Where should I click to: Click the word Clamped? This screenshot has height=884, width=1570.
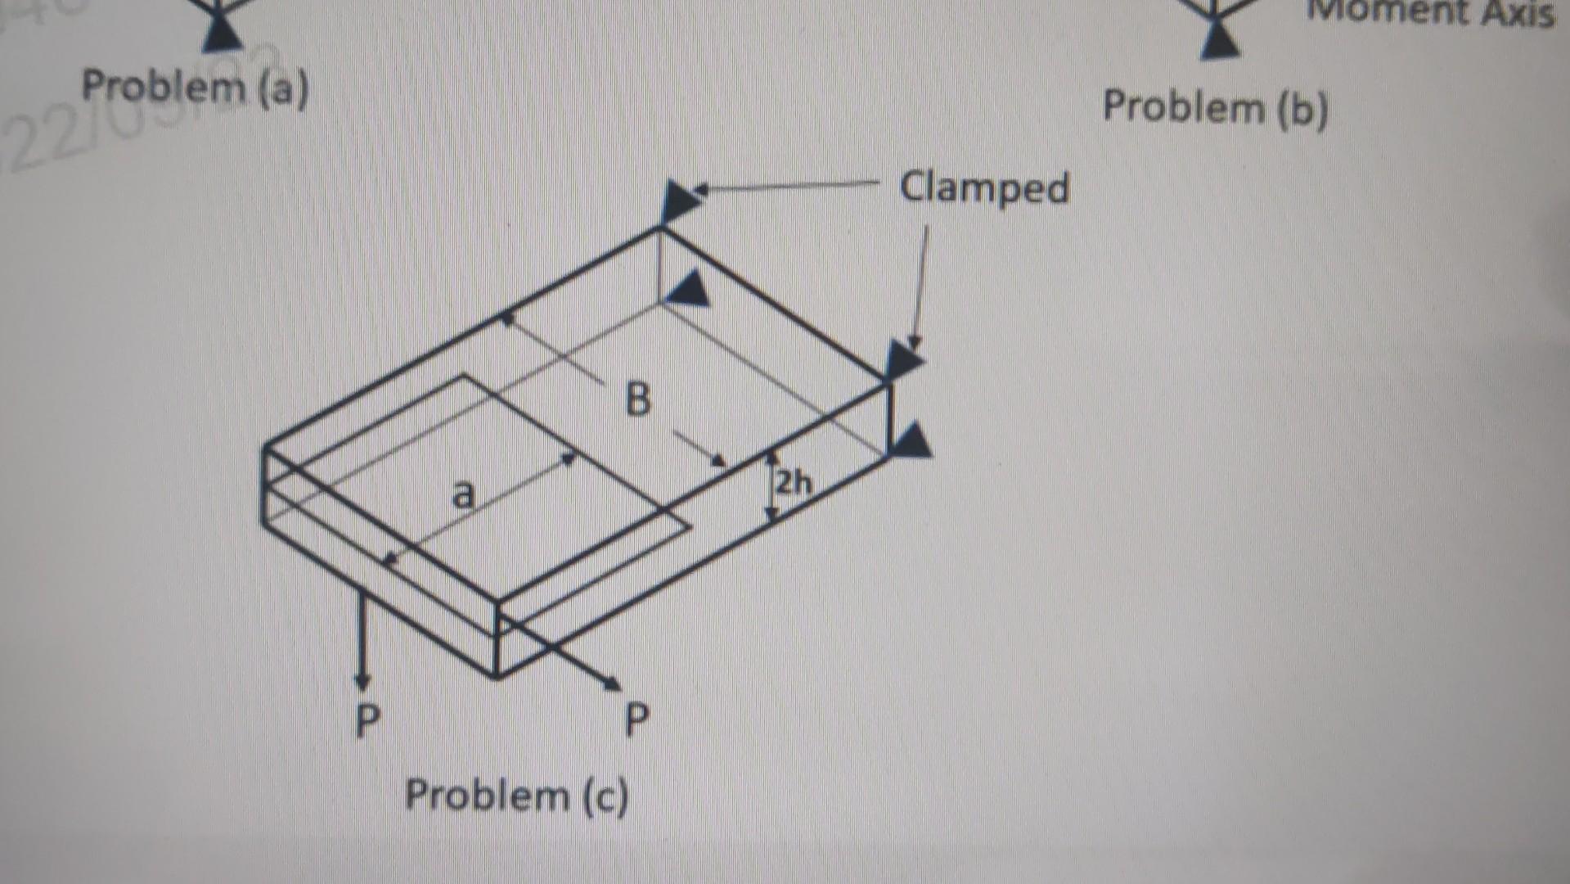984,189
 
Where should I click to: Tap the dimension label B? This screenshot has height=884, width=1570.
637,401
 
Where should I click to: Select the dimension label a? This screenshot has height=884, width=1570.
463,494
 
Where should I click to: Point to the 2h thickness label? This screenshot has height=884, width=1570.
793,484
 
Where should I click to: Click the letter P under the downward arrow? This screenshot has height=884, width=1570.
368,721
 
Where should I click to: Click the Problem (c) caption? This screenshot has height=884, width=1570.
517,796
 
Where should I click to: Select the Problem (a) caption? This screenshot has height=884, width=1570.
196,88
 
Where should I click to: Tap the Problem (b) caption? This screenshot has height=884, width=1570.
1215,108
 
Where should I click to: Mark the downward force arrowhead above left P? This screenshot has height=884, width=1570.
362,680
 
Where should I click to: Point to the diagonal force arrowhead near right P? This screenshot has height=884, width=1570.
612,682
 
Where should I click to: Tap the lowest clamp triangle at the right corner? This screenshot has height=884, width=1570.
911,442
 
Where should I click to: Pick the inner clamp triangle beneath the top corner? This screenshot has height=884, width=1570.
690,290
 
